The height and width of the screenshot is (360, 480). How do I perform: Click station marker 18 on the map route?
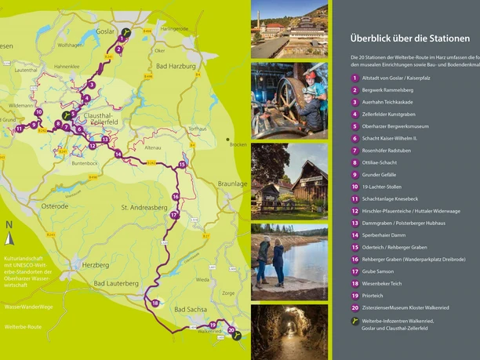coord(156,303)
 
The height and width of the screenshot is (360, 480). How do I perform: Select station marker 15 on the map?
coord(182,165)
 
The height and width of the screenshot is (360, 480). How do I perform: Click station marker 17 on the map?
coord(173,214)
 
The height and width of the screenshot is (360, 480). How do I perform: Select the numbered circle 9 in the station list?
coord(355,174)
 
